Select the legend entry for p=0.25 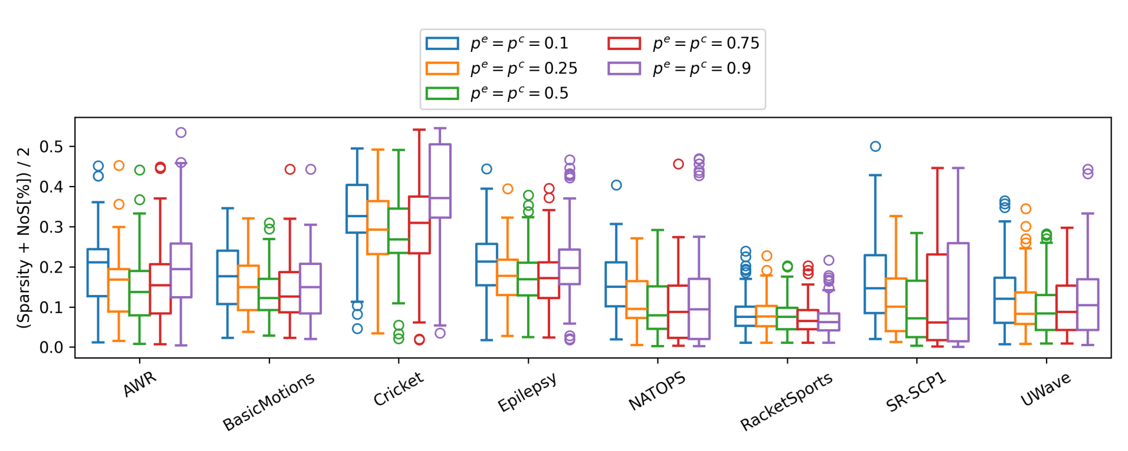(501, 68)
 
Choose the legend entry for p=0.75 (683, 43)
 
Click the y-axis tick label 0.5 (51, 147)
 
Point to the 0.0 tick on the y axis (51, 347)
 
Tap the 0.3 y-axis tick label (51, 227)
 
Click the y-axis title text (24, 237)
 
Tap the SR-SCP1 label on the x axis (916, 392)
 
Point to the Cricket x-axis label (398, 389)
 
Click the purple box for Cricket (440, 181)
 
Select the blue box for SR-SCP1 (875, 284)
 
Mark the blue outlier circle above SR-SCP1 (876, 147)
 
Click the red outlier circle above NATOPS (678, 164)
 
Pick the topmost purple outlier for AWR (181, 132)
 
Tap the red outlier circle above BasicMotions (290, 170)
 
